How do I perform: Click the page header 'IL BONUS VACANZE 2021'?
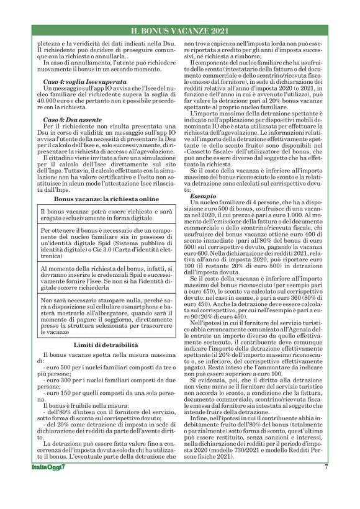pos(180,30)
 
